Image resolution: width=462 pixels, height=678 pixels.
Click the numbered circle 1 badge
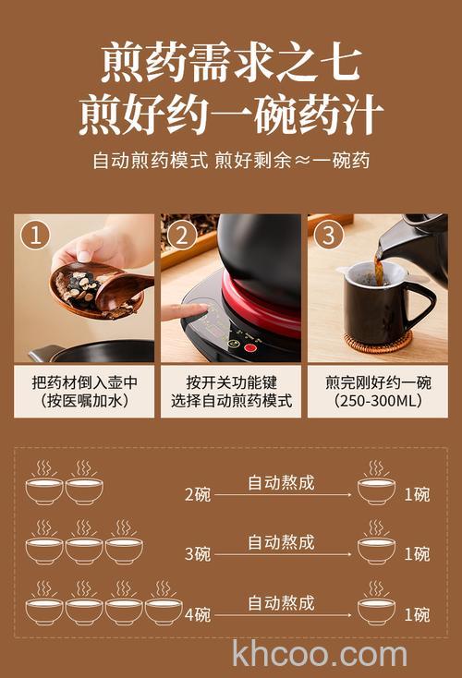[x=36, y=235]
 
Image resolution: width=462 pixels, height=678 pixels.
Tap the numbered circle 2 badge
[x=182, y=235]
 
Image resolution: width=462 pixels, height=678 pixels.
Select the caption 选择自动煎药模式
[x=231, y=401]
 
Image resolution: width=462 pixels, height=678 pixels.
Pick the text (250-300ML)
[x=377, y=401]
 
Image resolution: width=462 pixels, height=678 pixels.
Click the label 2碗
[x=197, y=494]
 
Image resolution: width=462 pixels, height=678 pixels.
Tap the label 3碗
[x=197, y=554]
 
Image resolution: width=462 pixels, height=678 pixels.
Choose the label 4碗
[x=197, y=614]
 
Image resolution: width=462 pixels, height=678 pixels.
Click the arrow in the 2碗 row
[x=282, y=495]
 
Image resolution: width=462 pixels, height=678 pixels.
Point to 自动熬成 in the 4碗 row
[x=281, y=602]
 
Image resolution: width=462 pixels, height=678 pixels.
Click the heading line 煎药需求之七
[x=231, y=63]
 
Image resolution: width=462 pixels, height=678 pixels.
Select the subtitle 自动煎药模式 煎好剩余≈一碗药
[x=231, y=160]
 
